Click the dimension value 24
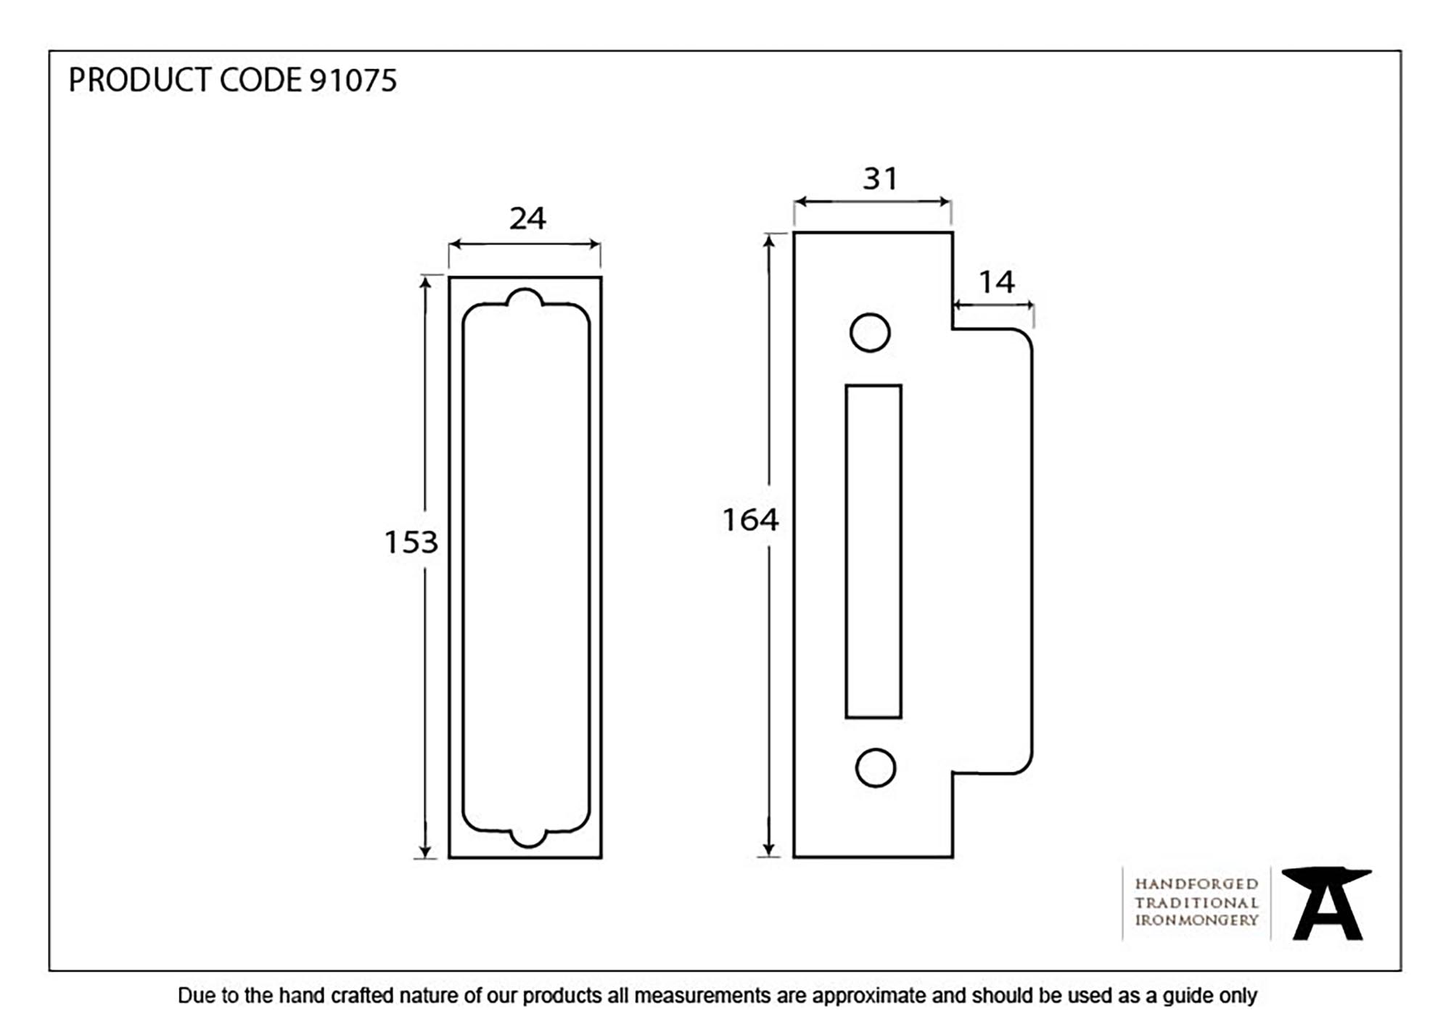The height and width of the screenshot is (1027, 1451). [527, 218]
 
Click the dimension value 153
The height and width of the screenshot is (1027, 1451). [411, 543]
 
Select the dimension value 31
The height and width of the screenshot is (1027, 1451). [880, 178]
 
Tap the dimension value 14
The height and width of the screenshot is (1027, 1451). [996, 282]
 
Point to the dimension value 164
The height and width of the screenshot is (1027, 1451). [750, 520]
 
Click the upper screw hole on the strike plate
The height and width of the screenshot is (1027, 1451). [870, 333]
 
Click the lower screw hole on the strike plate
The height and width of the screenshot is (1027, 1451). [876, 768]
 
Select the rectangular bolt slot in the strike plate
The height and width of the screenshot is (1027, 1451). [874, 551]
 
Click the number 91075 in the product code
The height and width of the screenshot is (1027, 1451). [353, 81]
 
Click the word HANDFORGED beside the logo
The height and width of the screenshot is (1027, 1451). [1196, 884]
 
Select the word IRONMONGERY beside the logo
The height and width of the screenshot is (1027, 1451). [1196, 920]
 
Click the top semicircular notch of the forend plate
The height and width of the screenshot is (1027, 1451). [525, 299]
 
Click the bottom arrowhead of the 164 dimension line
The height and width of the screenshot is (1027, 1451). [769, 849]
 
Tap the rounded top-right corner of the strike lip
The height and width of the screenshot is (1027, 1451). [1024, 337]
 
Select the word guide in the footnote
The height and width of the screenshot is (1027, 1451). [1188, 996]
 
